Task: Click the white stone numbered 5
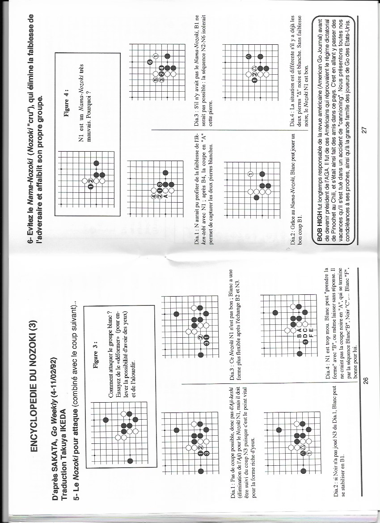(x=156, y=80)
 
